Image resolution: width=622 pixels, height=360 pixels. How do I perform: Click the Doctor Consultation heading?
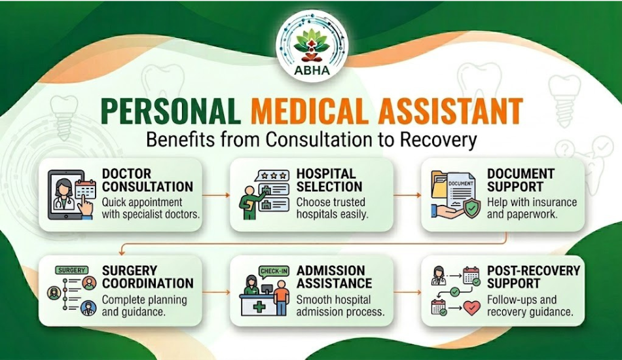147,180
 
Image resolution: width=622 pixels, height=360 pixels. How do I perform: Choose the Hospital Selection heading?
326,180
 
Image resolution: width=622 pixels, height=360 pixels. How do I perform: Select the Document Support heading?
521,180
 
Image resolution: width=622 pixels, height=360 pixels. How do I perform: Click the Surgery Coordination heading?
147,277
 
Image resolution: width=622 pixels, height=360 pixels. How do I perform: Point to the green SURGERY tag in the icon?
72,270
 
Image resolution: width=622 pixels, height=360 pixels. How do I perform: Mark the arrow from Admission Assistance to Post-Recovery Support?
407,292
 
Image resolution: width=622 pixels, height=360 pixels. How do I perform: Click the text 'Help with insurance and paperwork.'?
532,208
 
